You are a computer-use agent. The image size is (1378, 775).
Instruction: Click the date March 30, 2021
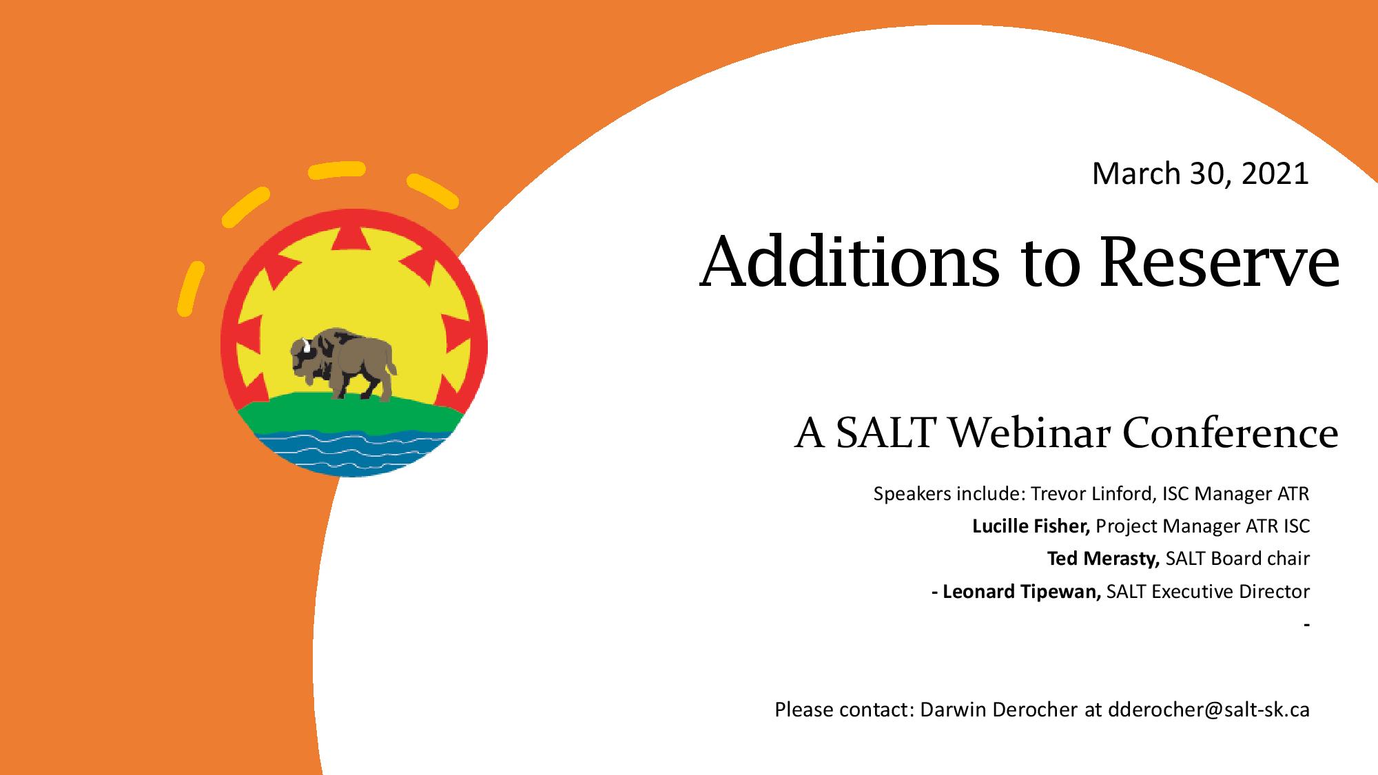coord(1200,174)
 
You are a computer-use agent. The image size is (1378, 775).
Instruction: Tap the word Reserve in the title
coord(1220,263)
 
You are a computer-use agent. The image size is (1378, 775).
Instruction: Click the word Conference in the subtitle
coord(1231,433)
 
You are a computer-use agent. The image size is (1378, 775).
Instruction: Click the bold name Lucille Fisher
coord(1031,526)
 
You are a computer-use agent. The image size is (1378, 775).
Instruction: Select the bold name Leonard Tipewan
coord(1022,591)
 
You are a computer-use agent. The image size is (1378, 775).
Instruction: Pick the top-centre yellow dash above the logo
coord(336,169)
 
